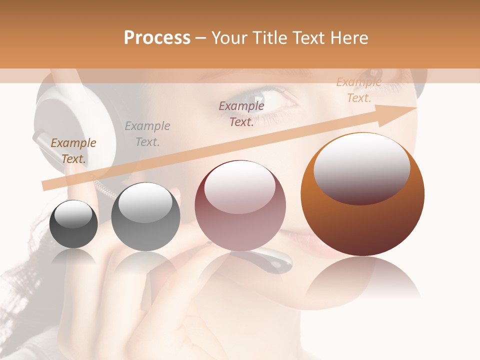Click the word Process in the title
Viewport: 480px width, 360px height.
pos(157,38)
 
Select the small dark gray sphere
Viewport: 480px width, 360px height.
pos(73,224)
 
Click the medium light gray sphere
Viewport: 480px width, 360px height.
pos(145,217)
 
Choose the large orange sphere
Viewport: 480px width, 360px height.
pos(362,195)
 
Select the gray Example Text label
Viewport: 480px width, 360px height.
pos(147,134)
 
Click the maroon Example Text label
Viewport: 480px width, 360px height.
pos(241,114)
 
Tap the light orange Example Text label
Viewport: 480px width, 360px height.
pos(359,90)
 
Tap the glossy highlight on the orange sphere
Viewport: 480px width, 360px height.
pos(361,167)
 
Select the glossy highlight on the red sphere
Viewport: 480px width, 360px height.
pos(239,186)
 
